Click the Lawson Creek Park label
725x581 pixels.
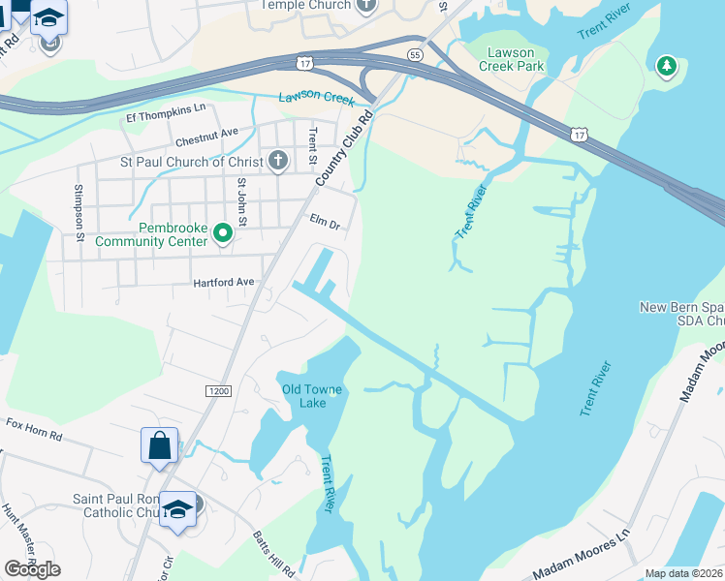tap(512, 59)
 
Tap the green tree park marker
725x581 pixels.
tap(666, 66)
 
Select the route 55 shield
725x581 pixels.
tap(415, 55)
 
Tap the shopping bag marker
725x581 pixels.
tap(160, 446)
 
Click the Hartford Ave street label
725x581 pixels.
tap(223, 282)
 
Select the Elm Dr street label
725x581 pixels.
tap(325, 222)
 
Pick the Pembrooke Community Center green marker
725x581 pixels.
tap(223, 232)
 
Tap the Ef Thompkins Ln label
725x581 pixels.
tap(167, 108)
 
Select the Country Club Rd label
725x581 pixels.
tap(343, 150)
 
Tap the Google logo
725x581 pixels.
tap(32, 568)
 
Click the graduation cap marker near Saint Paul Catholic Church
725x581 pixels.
tap(178, 510)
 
